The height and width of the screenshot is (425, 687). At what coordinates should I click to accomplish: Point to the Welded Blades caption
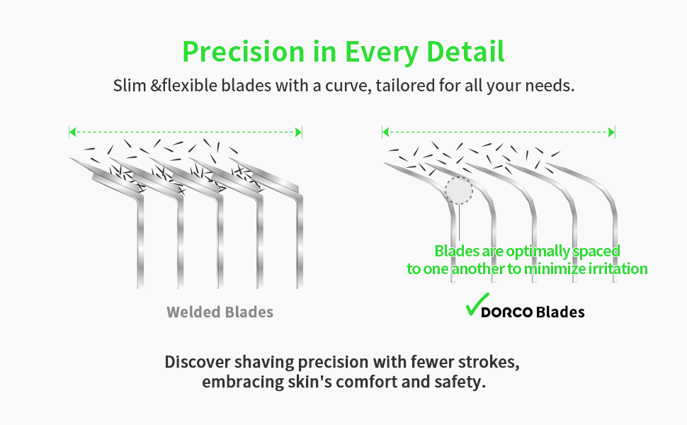tap(220, 312)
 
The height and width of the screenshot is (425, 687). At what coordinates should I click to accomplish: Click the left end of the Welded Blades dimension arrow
tap(70, 132)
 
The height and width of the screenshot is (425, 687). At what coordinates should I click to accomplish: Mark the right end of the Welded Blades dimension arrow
tap(302, 132)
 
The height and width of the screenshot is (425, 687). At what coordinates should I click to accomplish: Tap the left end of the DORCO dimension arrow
tap(383, 132)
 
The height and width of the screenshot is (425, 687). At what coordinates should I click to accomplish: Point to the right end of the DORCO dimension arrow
tap(615, 132)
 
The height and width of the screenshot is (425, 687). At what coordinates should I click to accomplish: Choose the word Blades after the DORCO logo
tap(560, 312)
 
